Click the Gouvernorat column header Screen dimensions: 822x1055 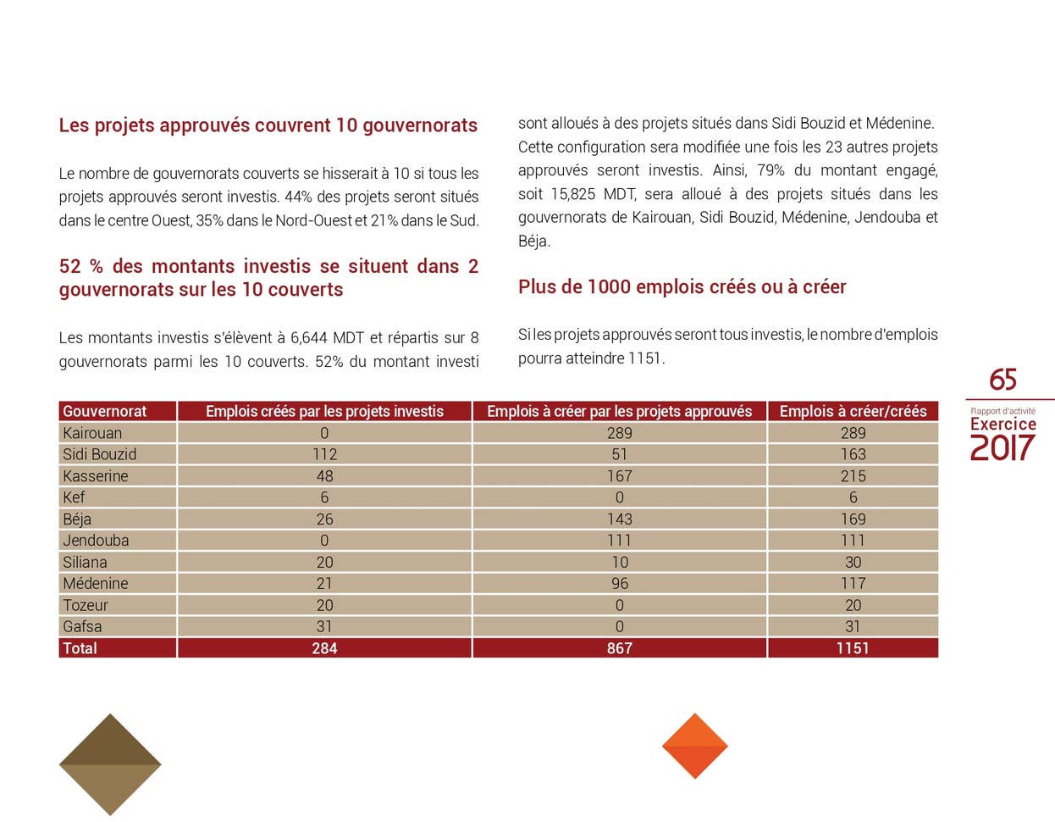tap(104, 411)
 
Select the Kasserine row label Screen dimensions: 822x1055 tap(96, 476)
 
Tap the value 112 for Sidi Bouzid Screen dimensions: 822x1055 tap(324, 454)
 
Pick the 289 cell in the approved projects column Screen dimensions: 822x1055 tap(619, 433)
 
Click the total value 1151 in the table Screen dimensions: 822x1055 tap(853, 648)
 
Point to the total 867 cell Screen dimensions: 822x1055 tap(619, 648)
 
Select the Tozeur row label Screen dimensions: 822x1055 tap(86, 605)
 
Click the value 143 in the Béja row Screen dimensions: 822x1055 tap(619, 519)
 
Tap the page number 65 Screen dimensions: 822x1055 tap(1003, 380)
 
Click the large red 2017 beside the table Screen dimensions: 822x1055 tap(1003, 447)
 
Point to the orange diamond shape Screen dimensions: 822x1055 tap(694, 746)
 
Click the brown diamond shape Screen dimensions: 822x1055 tap(110, 764)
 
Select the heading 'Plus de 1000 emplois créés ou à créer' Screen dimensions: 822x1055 tap(682, 287)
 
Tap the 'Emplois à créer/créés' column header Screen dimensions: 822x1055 tap(853, 411)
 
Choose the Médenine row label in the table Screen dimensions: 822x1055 tap(96, 584)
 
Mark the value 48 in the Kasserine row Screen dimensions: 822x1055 tap(324, 476)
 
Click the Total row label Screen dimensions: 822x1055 tap(80, 648)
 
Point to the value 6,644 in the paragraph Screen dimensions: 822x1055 tap(308, 338)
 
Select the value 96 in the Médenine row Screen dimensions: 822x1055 tap(619, 584)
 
